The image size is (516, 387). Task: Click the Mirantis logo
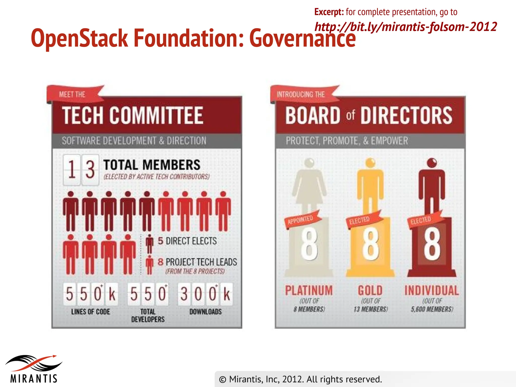pos(34,368)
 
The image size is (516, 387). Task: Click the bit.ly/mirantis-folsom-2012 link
pos(406,27)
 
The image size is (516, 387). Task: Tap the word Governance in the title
pos(302,38)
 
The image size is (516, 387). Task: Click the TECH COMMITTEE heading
pos(133,115)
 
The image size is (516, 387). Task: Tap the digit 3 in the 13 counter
pos(90,170)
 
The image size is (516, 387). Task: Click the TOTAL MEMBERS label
pos(152,165)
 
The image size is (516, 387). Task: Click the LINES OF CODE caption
pos(91,312)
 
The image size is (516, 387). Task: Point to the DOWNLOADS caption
pos(206,312)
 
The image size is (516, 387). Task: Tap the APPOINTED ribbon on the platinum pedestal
pos(301,219)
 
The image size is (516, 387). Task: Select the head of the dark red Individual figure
pos(432,163)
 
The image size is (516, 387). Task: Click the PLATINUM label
pos(309,291)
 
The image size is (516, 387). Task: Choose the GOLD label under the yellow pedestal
pos(370,291)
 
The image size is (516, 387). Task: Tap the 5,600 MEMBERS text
pos(432,309)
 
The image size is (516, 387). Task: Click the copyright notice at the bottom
pos(300,379)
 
